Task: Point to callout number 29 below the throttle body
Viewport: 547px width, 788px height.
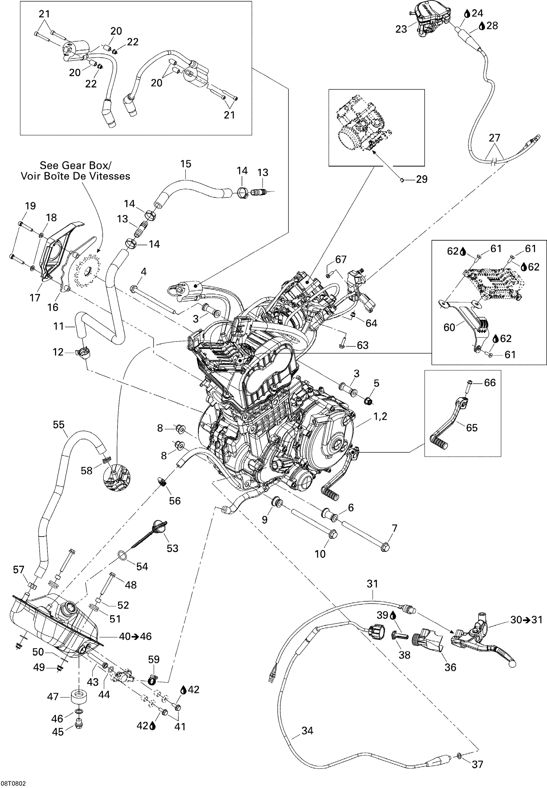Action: pyautogui.click(x=422, y=179)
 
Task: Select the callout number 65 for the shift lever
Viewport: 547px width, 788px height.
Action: pyautogui.click(x=472, y=428)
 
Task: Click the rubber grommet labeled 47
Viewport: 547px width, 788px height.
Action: pyautogui.click(x=79, y=697)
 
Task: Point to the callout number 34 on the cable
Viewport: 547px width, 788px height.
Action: pyautogui.click(x=307, y=731)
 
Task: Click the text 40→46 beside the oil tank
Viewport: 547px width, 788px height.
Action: pyautogui.click(x=135, y=636)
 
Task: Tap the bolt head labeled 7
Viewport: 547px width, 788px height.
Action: pyautogui.click(x=385, y=547)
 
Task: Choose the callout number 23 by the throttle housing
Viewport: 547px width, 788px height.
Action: pyautogui.click(x=401, y=29)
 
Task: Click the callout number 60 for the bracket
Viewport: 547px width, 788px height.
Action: pyautogui.click(x=449, y=328)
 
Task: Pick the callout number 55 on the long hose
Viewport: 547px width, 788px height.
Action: pyautogui.click(x=59, y=425)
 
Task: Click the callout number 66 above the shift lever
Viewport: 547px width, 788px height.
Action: pyautogui.click(x=490, y=382)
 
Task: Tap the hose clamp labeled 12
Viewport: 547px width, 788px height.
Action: pyautogui.click(x=83, y=352)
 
